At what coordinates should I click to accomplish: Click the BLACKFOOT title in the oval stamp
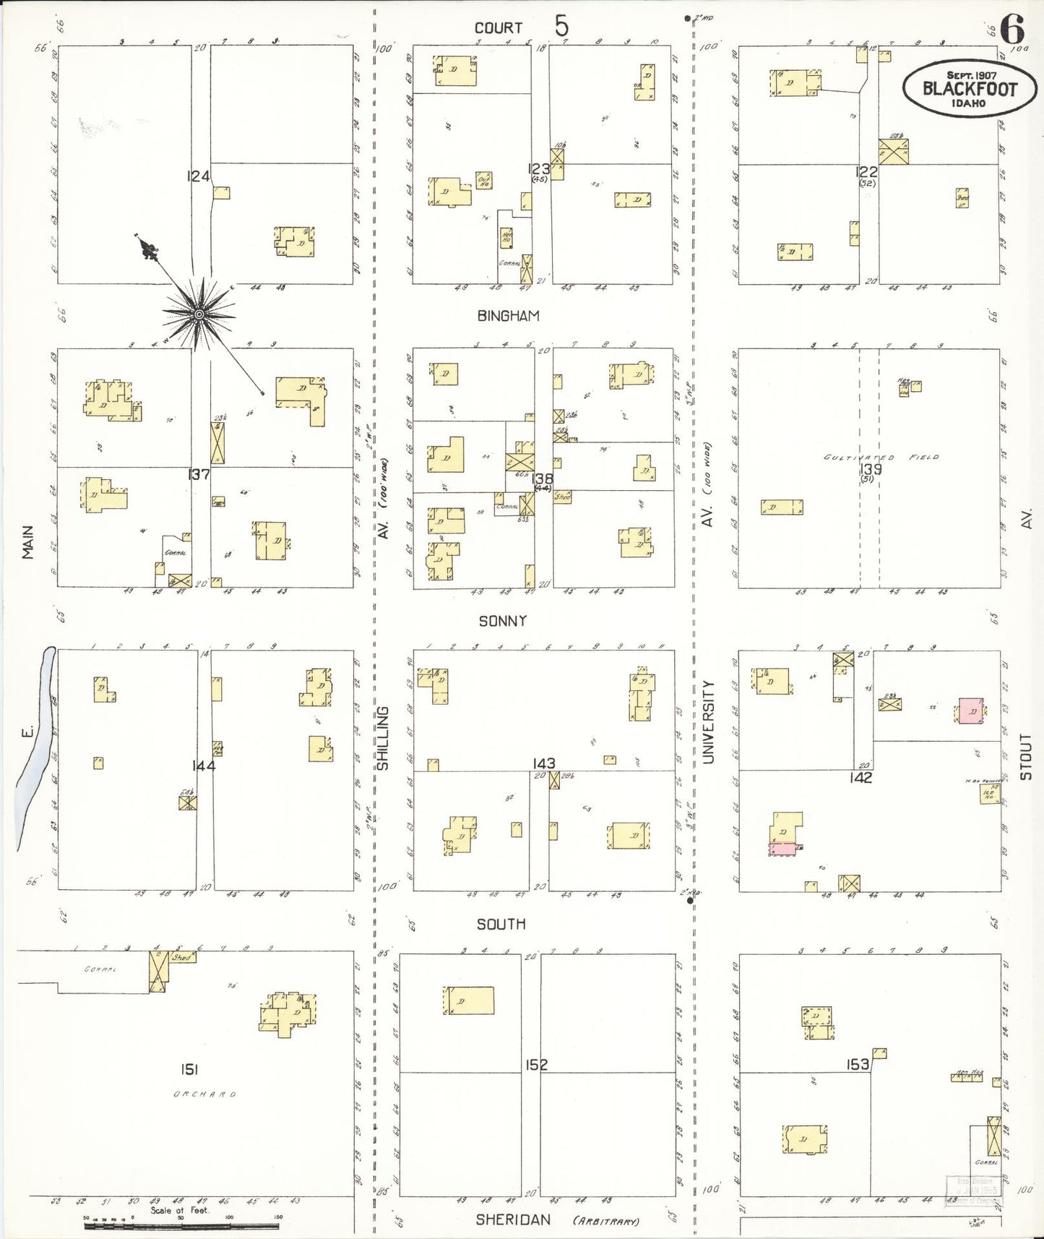[970, 90]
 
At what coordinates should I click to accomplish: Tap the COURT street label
[498, 28]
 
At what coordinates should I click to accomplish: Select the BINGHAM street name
[508, 316]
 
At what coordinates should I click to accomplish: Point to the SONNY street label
[502, 621]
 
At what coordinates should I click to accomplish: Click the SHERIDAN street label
[513, 1219]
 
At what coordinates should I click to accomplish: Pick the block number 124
[198, 176]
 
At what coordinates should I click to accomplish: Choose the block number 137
[198, 474]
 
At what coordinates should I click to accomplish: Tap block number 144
[204, 766]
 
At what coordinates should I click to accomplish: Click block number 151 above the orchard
[189, 1069]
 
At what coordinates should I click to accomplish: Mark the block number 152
[537, 1065]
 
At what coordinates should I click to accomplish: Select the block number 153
[858, 1065]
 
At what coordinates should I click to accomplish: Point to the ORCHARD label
[204, 1094]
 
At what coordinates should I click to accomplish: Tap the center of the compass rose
[199, 314]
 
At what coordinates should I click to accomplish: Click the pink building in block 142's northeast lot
[971, 711]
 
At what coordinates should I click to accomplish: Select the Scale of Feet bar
[181, 1226]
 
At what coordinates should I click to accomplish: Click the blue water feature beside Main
[36, 745]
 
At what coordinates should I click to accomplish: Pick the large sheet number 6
[1011, 30]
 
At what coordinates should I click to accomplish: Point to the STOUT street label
[1026, 756]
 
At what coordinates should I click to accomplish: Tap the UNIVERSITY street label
[708, 721]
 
